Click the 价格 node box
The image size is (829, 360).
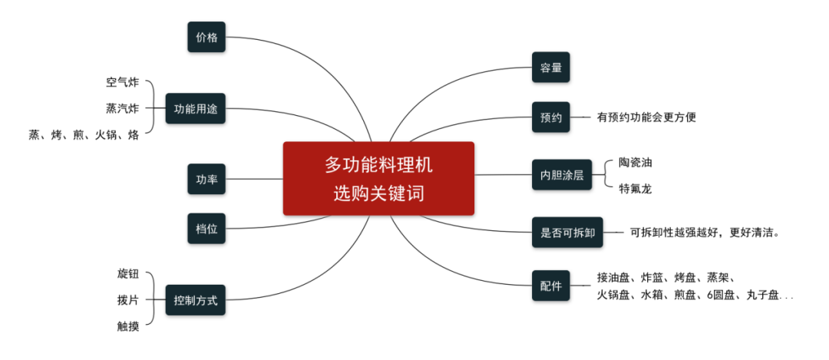pos(206,37)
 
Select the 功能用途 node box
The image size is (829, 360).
pos(196,109)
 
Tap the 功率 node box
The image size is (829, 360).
pos(206,180)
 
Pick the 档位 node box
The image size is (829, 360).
pos(206,228)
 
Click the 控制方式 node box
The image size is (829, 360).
pos(196,300)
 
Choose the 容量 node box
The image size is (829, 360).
pos(551,68)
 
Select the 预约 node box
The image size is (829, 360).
pos(551,117)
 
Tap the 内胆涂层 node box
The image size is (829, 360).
pos(562,174)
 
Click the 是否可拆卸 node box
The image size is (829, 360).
pos(567,231)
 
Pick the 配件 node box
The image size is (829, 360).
pos(551,286)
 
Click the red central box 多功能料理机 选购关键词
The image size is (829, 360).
pos(378,179)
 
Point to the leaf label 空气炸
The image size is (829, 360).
pos(123,82)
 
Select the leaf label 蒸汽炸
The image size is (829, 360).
pos(123,108)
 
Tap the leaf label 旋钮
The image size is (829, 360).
pos(128,274)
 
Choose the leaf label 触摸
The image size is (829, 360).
pos(128,326)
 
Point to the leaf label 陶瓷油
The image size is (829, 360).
pos(635,162)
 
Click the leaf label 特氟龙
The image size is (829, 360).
pos(635,188)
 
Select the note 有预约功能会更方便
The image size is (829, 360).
pos(646,117)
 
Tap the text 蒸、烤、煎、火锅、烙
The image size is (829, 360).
pos(84,135)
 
